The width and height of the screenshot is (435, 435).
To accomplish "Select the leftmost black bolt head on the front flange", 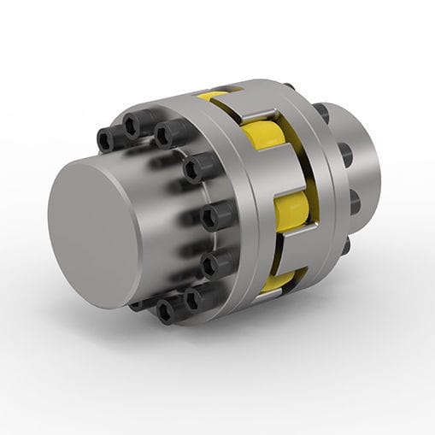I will coord(109,139).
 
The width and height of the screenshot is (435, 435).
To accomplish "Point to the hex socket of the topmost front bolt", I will coord(131,126).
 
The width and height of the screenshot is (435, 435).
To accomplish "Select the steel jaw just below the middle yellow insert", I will coord(295,244).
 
